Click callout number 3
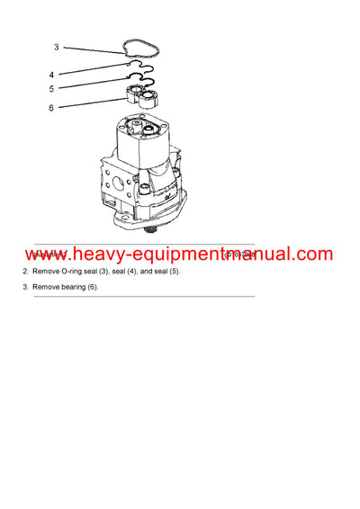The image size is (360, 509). [56, 47]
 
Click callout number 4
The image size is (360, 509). [51, 75]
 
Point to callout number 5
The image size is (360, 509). [51, 89]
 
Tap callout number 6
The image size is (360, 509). [51, 107]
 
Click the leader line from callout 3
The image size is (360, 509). [94, 50]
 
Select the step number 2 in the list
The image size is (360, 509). [24, 272]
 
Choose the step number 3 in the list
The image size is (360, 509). [24, 287]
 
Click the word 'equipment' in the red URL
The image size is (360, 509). [156, 255]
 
